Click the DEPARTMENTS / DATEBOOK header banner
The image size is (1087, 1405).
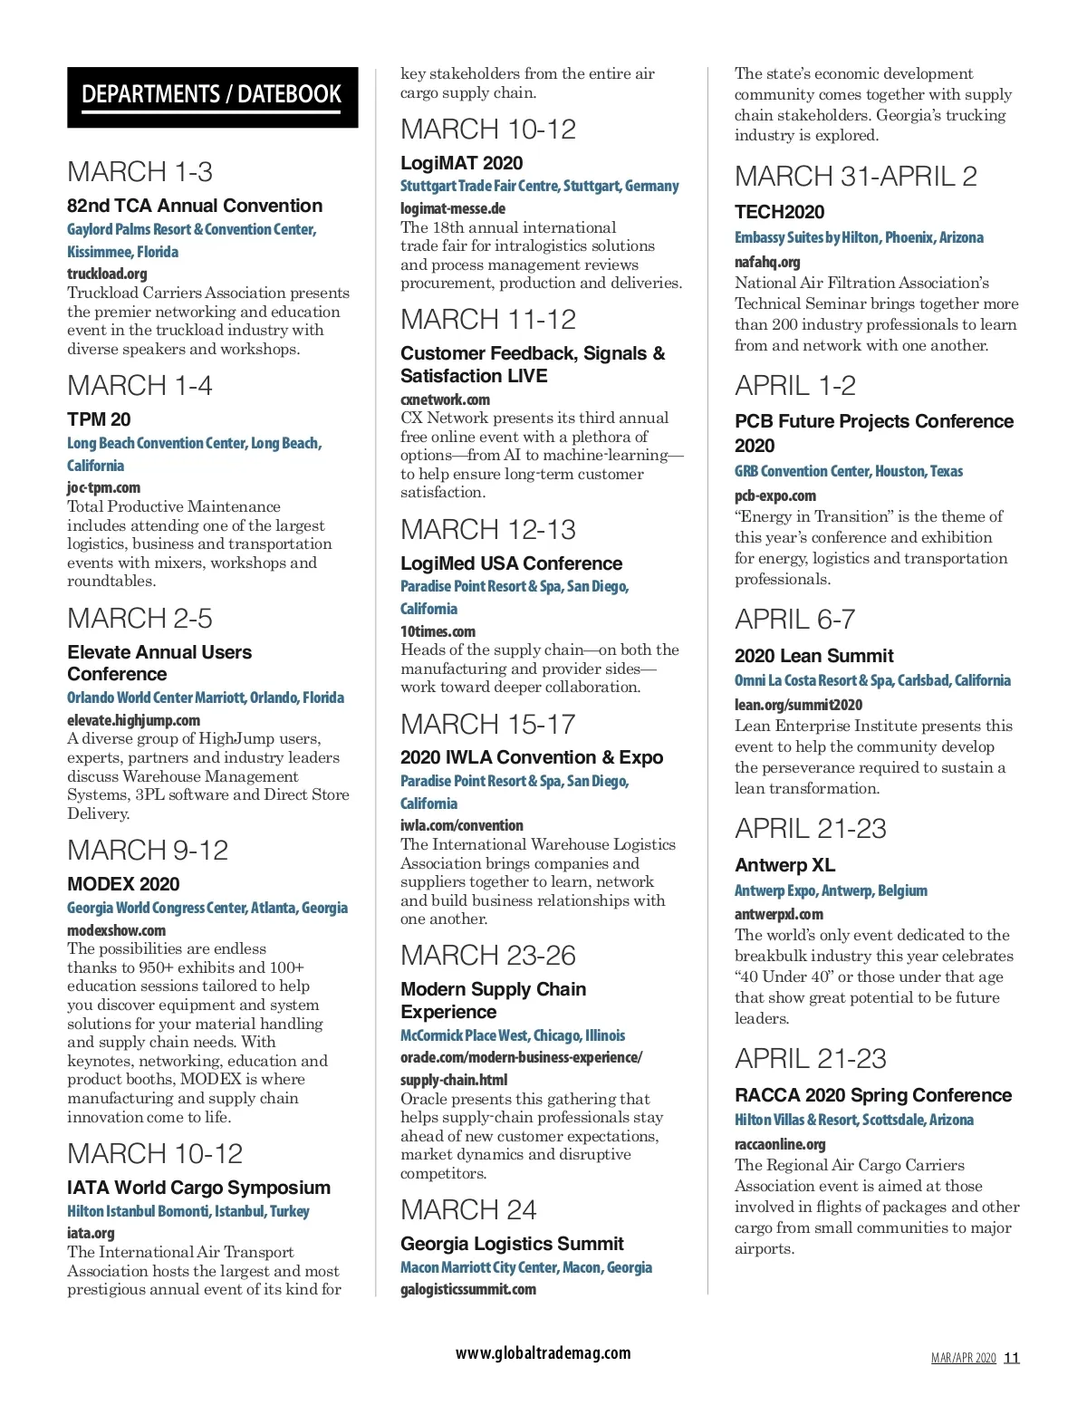(x=212, y=96)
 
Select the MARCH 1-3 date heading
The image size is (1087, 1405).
(x=139, y=172)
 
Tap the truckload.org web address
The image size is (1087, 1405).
(x=107, y=274)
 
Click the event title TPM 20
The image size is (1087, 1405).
(x=99, y=419)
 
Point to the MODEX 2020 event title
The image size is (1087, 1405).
(x=123, y=884)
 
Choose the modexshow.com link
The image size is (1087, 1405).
(x=116, y=930)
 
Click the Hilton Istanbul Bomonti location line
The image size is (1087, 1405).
(x=188, y=1211)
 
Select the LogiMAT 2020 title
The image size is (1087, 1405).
(x=462, y=163)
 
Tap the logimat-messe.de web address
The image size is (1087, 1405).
(x=453, y=208)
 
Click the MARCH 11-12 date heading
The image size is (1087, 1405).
(x=488, y=320)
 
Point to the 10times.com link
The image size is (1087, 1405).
(x=438, y=631)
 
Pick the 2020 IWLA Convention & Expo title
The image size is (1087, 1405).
(x=532, y=757)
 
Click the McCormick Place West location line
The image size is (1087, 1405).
(x=513, y=1035)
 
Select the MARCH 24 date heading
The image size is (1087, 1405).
(x=468, y=1210)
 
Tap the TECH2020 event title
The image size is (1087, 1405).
(x=779, y=212)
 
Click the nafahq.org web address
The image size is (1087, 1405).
(x=767, y=262)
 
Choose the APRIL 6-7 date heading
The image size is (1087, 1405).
(x=794, y=620)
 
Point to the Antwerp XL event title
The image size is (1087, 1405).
(x=784, y=865)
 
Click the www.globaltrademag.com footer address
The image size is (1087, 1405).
(x=543, y=1353)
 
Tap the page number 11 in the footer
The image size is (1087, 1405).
(x=1012, y=1358)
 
